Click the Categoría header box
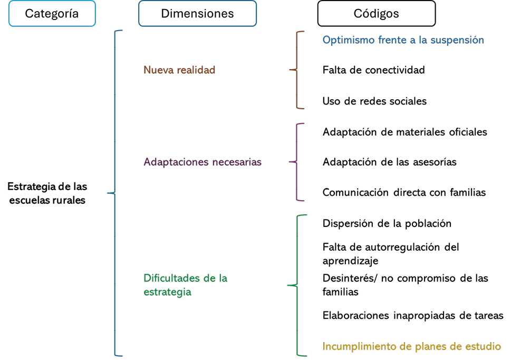pos(52,14)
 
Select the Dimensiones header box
pos(197,14)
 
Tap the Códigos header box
pos(376,14)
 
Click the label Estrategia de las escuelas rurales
pos(47,193)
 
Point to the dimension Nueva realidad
pos(179,70)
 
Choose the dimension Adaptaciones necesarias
pos(203,162)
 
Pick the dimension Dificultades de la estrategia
pos(185,285)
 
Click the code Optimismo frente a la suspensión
pos(403,40)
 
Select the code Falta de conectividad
pos(373,70)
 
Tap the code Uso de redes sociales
pos(374,101)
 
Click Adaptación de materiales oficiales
pos(404,132)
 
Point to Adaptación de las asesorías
pos(389,162)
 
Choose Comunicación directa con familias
pos(404,193)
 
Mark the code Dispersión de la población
pos(387,223)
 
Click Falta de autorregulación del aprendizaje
pos(390,253)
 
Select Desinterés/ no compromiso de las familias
pos(405,285)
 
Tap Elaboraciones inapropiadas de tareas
pos(412,316)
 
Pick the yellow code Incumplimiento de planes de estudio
pos(411,347)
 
